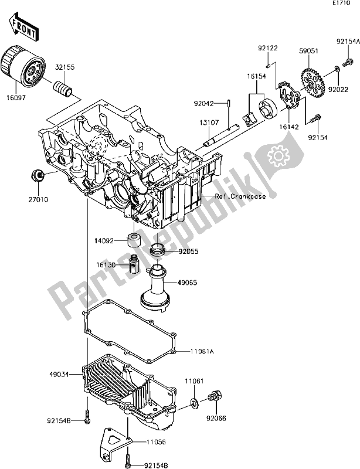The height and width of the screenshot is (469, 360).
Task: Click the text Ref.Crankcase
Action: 239,196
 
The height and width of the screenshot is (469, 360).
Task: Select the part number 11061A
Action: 201,351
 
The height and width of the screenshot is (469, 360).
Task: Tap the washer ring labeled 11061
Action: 193,403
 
